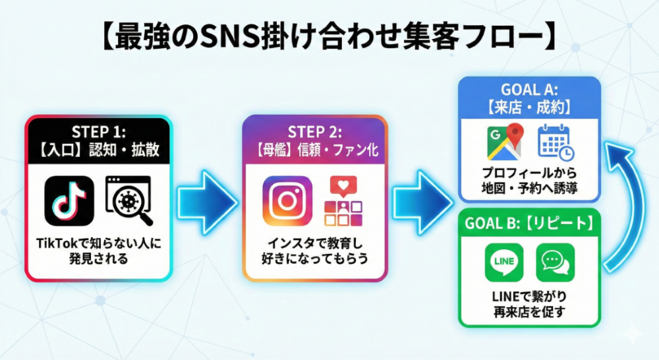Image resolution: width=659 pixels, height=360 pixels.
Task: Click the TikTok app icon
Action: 69,200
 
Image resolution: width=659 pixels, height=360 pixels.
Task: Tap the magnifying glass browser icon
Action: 129,200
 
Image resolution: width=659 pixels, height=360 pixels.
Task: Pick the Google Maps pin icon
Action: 504,142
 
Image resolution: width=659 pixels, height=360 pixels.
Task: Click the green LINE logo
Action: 503,262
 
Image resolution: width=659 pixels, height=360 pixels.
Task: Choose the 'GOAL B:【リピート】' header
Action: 529,222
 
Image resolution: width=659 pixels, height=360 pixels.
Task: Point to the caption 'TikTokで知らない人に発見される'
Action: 98,251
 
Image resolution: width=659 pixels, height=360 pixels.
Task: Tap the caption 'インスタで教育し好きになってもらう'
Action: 314,251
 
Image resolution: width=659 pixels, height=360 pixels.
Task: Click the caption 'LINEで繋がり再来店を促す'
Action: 529,304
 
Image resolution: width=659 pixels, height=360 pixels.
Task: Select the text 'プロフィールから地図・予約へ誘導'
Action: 529,179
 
